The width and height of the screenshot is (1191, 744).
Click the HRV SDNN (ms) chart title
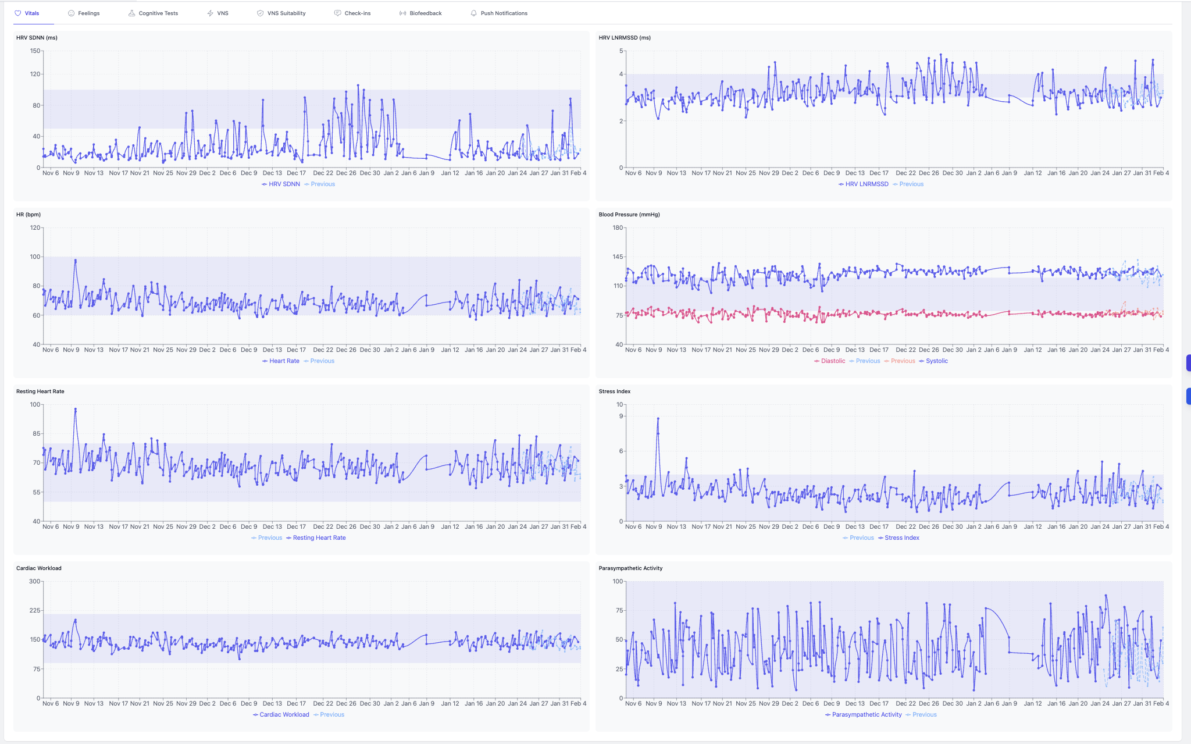(37, 38)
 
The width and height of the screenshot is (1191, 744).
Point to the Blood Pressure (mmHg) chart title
(629, 215)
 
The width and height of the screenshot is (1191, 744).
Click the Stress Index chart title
(615, 391)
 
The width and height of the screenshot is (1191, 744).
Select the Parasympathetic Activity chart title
(630, 568)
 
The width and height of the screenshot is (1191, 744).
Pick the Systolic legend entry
(936, 361)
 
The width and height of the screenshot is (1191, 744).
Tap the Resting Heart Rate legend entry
(319, 538)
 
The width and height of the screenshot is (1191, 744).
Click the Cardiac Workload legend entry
(284, 715)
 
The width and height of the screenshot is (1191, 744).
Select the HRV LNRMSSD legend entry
(866, 184)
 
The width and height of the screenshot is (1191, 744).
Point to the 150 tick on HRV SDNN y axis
(35, 51)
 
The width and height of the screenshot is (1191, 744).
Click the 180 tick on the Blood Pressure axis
(618, 228)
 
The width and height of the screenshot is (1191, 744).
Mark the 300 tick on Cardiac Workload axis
(35, 582)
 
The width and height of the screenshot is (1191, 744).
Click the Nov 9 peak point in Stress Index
(658, 418)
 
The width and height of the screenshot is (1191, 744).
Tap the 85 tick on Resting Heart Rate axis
(37, 434)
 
